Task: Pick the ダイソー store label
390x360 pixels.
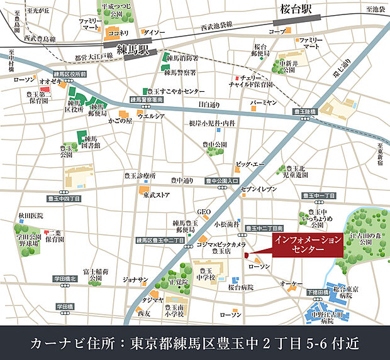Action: [x=154, y=32]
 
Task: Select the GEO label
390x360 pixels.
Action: [x=204, y=212]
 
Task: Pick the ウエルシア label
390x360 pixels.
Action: [x=151, y=116]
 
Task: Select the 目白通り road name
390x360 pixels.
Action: [x=209, y=104]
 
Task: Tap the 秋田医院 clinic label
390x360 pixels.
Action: [x=31, y=215]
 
